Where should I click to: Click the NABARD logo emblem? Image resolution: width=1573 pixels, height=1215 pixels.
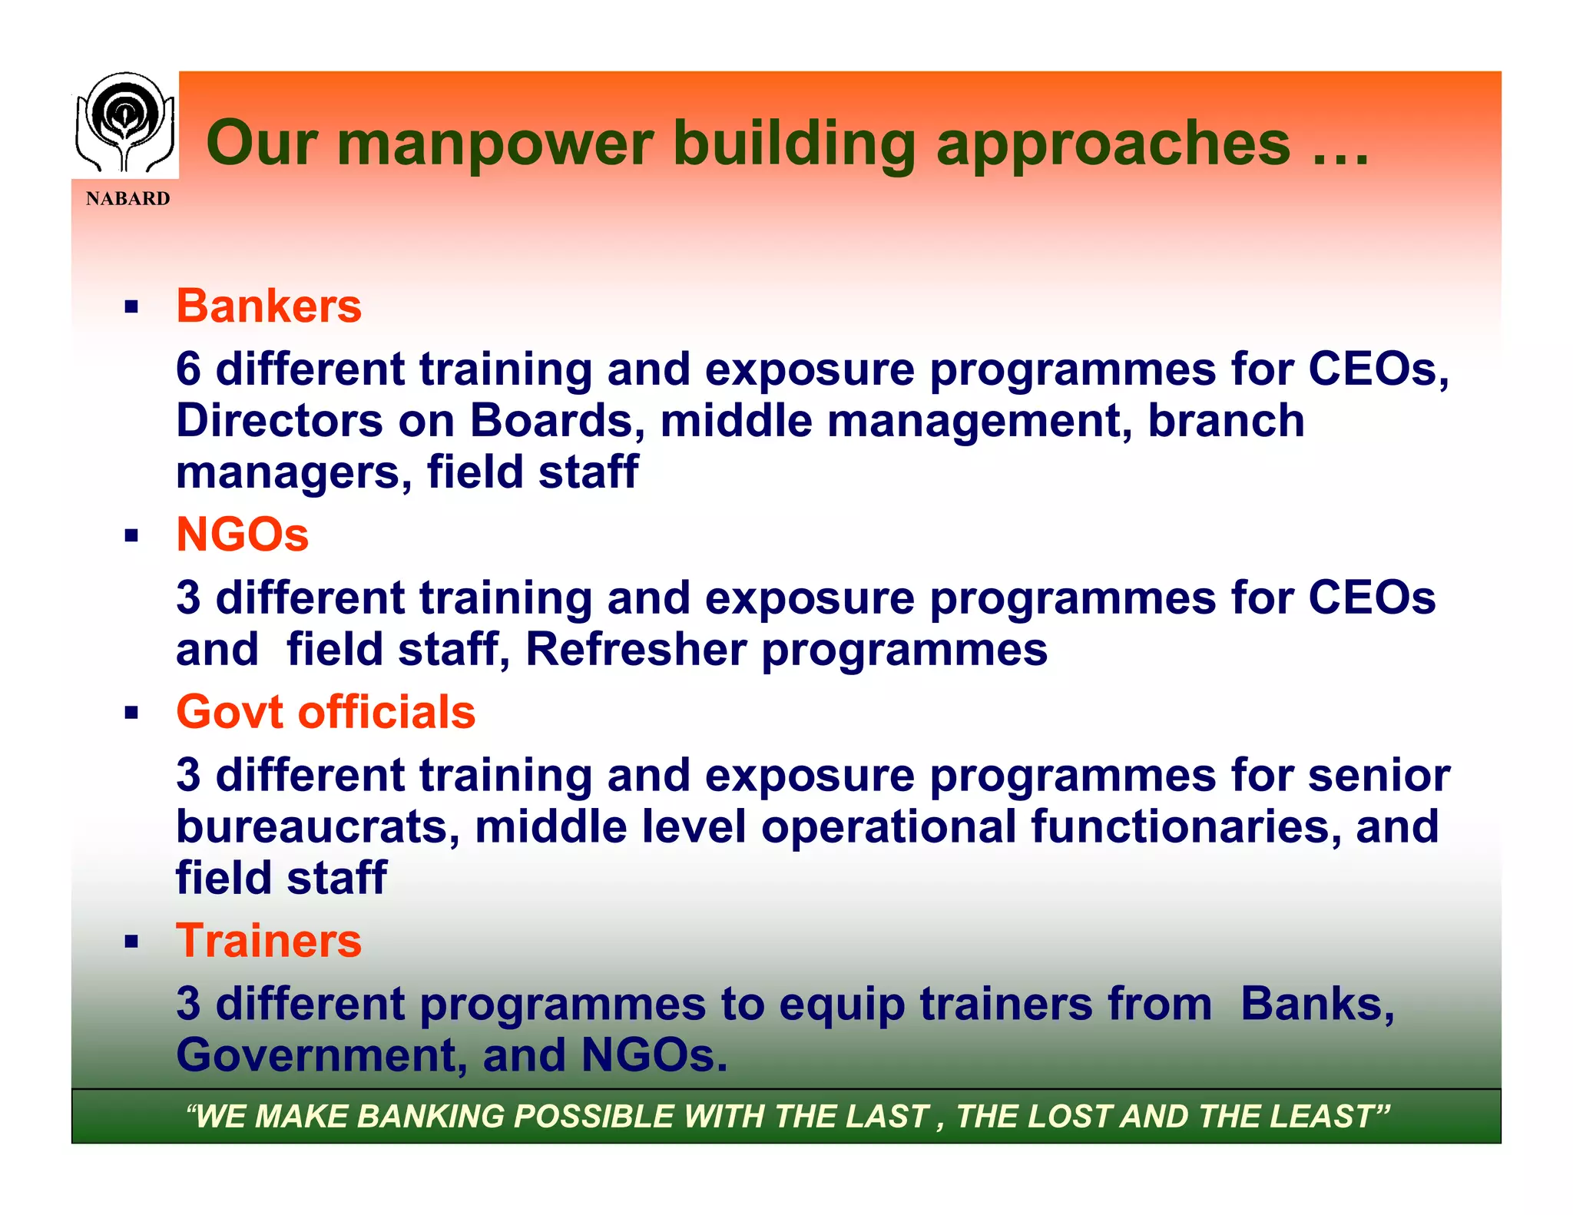[124, 123]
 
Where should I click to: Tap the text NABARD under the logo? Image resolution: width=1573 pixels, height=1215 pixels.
[127, 199]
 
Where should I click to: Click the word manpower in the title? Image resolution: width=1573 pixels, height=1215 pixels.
[495, 144]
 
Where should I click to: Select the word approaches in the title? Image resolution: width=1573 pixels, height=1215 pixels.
[1113, 144]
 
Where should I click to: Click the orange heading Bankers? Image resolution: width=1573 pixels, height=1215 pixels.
[269, 306]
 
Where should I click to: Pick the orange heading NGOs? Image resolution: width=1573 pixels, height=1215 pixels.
[242, 535]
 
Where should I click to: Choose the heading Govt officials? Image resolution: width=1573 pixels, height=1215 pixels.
[326, 712]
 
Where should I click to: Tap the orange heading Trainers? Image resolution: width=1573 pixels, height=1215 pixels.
[269, 941]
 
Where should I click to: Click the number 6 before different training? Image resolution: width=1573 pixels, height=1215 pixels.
[188, 369]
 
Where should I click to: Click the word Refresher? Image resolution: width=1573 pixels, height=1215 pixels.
[635, 650]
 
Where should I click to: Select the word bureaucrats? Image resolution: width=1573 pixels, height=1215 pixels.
[318, 827]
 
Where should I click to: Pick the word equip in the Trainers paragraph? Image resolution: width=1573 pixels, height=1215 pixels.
[842, 1005]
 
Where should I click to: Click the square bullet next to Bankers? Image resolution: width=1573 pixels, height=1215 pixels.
[131, 308]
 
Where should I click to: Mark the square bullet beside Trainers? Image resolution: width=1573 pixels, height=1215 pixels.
[131, 942]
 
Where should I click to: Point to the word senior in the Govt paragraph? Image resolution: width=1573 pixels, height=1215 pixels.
[1379, 776]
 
